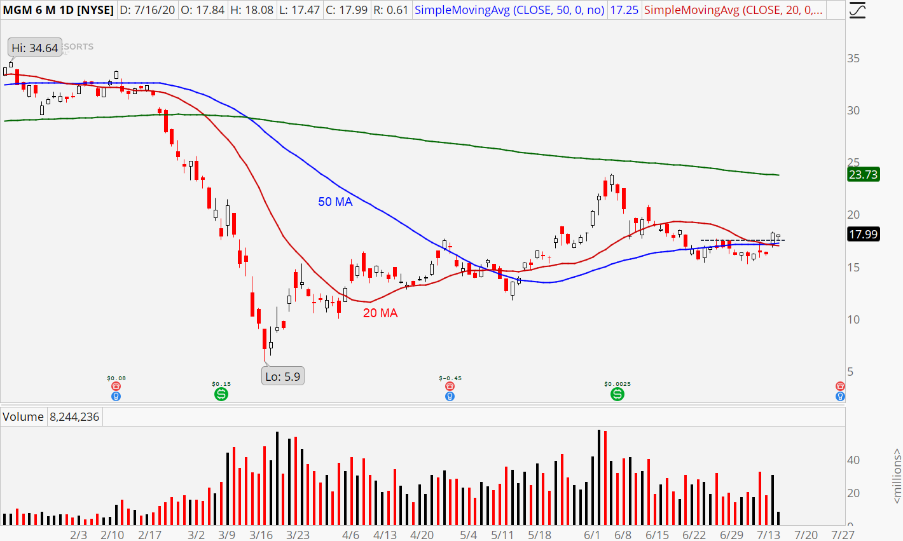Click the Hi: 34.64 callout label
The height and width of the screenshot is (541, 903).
[x=34, y=48]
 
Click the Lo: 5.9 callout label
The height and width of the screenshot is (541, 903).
[x=282, y=376]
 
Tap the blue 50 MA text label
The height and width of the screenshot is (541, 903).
[x=335, y=202]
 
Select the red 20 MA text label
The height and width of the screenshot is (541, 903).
[x=380, y=313]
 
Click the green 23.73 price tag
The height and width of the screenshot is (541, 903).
[x=863, y=175]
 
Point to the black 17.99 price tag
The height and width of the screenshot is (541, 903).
[x=863, y=235]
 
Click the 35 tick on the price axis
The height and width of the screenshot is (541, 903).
[x=853, y=58]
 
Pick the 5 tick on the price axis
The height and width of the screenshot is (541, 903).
[x=850, y=372]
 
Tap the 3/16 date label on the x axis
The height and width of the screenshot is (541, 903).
[x=261, y=535]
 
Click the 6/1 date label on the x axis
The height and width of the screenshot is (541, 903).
[x=592, y=535]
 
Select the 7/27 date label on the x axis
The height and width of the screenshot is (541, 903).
[x=843, y=535]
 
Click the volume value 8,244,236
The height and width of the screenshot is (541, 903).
[x=74, y=417]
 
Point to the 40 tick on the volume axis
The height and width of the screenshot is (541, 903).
[x=853, y=460]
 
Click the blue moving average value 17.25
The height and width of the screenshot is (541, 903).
[x=624, y=10]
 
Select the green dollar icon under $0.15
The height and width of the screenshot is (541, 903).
[x=221, y=395]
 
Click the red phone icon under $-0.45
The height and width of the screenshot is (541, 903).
[x=450, y=386]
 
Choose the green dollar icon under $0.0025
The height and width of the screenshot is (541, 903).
[x=617, y=395]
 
